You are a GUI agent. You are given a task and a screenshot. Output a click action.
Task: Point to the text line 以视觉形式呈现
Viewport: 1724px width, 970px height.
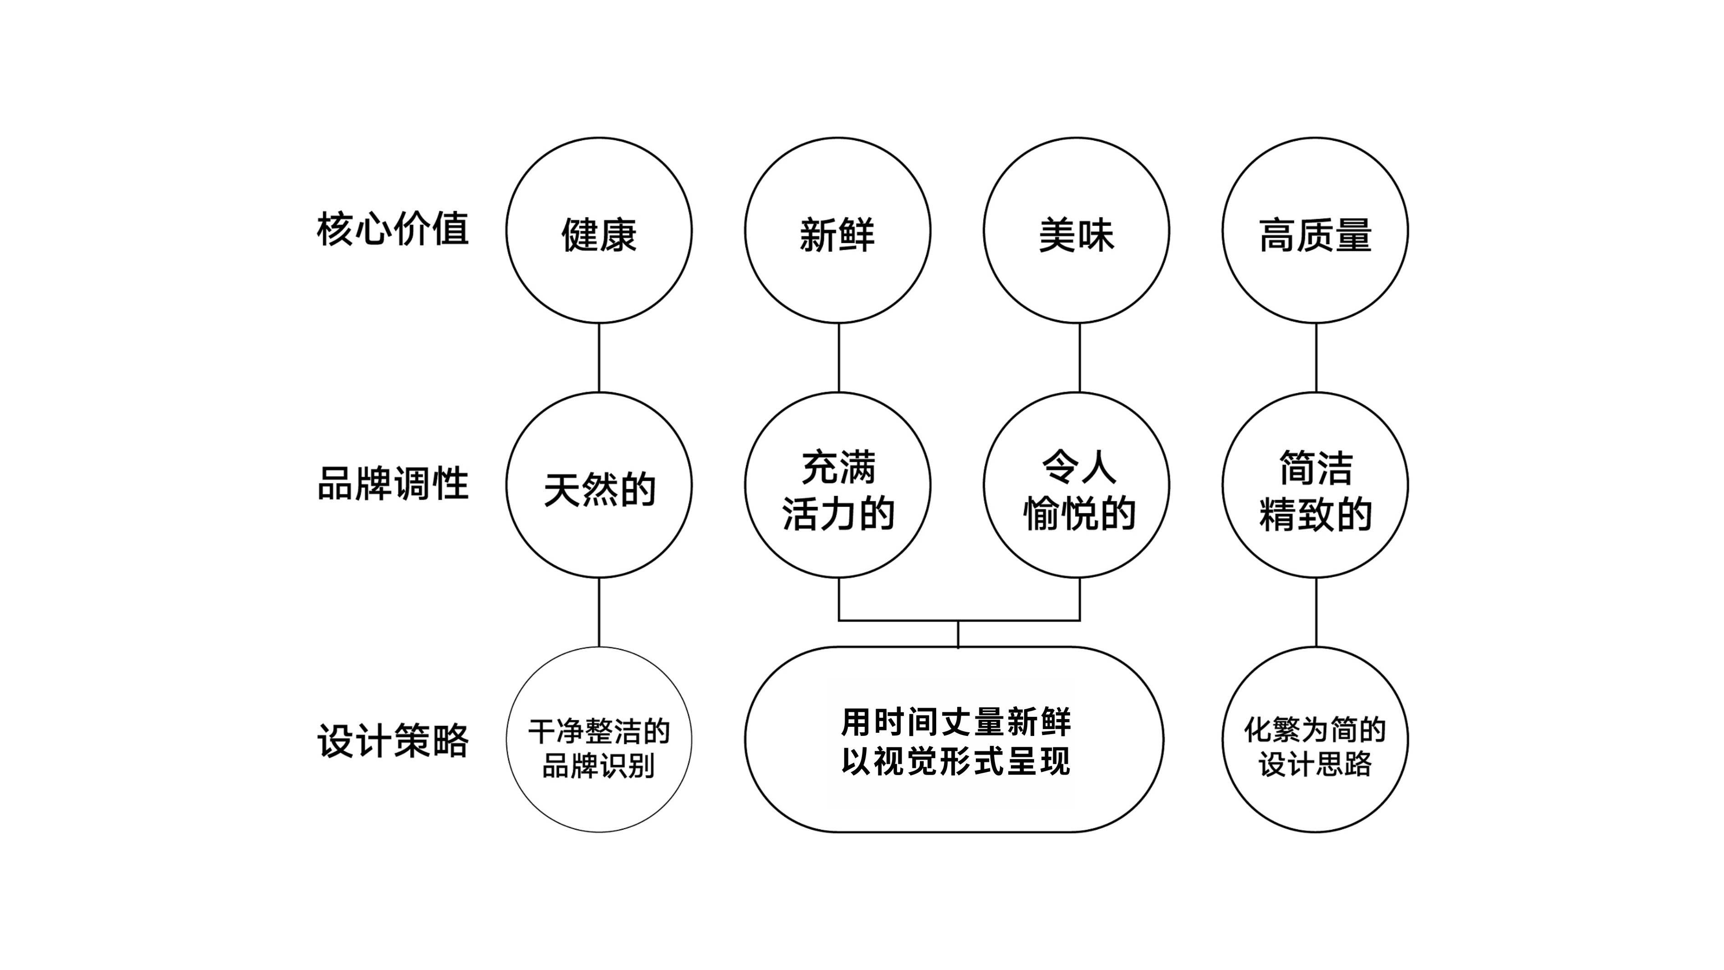(x=956, y=761)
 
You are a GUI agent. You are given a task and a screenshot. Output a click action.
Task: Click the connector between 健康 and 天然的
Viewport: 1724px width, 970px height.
(x=599, y=358)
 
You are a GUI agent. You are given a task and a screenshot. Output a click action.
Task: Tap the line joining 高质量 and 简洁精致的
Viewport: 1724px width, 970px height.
(x=1316, y=358)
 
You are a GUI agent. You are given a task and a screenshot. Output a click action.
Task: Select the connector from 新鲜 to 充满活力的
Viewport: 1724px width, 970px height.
(x=839, y=358)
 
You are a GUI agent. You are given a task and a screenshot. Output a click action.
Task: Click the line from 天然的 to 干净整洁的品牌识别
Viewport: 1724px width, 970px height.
(x=599, y=613)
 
